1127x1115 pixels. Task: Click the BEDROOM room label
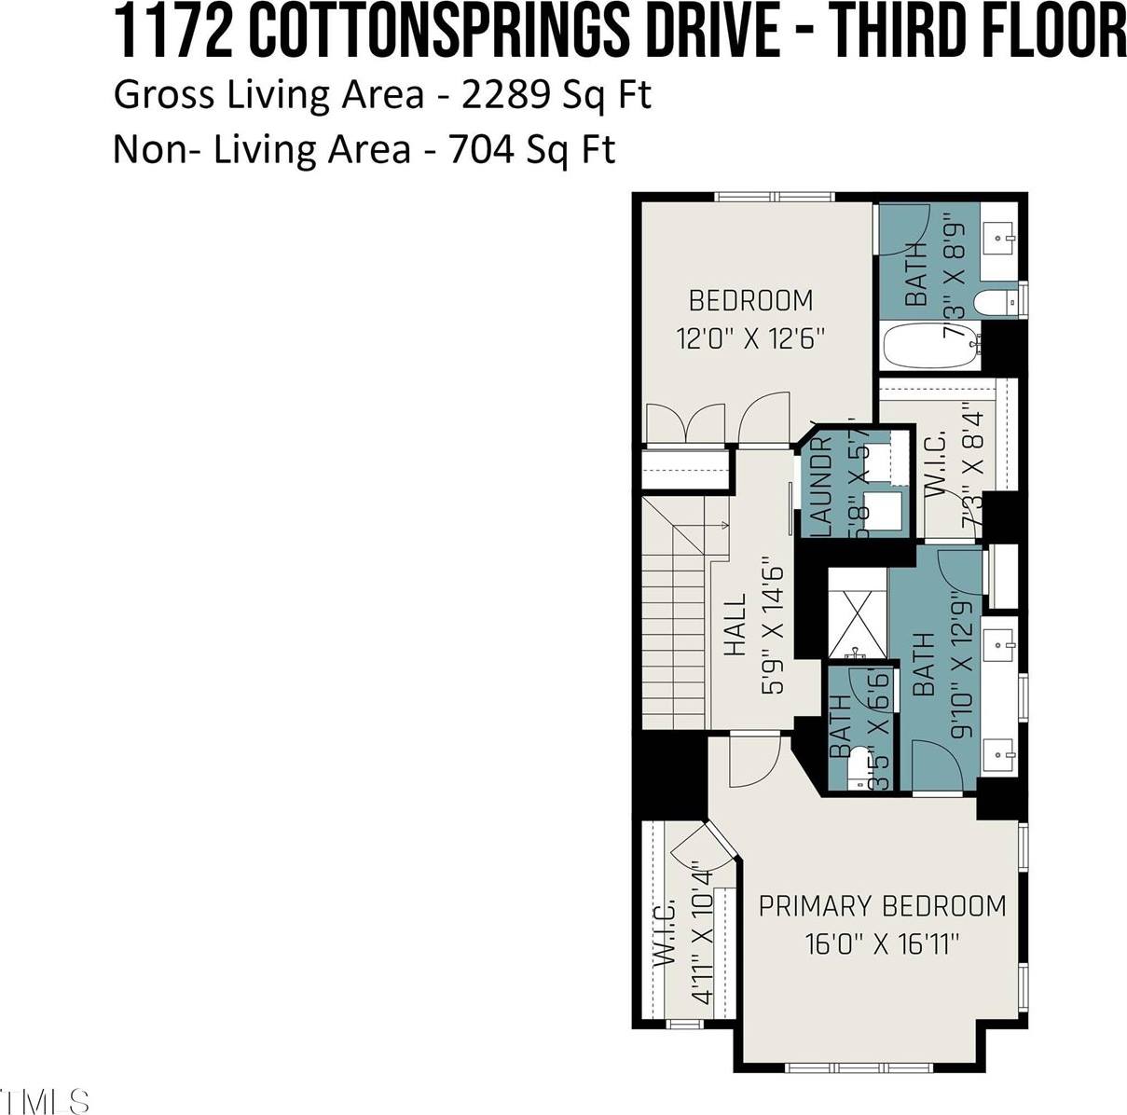coord(750,300)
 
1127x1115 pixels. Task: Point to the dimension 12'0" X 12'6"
coord(751,337)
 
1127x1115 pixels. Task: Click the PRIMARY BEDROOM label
coord(882,905)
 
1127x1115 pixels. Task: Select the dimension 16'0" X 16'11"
coord(882,944)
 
